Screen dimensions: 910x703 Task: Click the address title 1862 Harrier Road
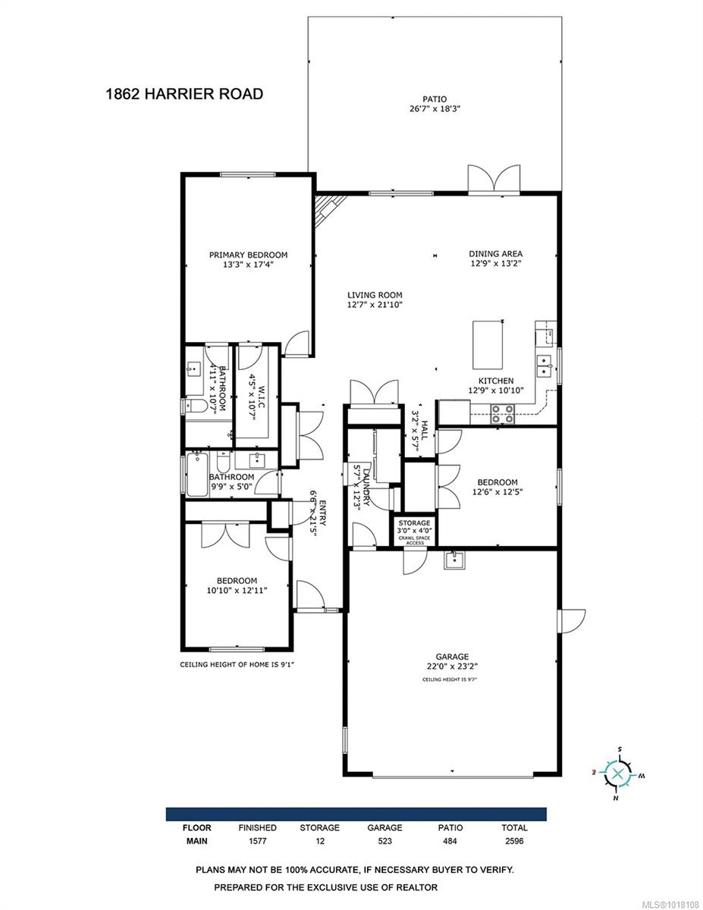(184, 94)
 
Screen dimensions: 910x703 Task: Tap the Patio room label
(434, 99)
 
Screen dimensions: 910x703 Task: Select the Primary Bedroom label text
(248, 256)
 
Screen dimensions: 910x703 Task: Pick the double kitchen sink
(544, 366)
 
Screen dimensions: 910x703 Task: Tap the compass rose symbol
(619, 773)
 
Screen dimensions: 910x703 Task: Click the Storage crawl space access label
(415, 531)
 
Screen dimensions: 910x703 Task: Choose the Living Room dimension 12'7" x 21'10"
(375, 305)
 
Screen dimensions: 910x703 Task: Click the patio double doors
(494, 178)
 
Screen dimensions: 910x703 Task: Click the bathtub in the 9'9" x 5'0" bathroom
(197, 475)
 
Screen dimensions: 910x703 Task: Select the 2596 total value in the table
(513, 840)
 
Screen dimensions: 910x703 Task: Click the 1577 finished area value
(258, 840)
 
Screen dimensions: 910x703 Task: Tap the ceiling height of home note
(237, 664)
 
